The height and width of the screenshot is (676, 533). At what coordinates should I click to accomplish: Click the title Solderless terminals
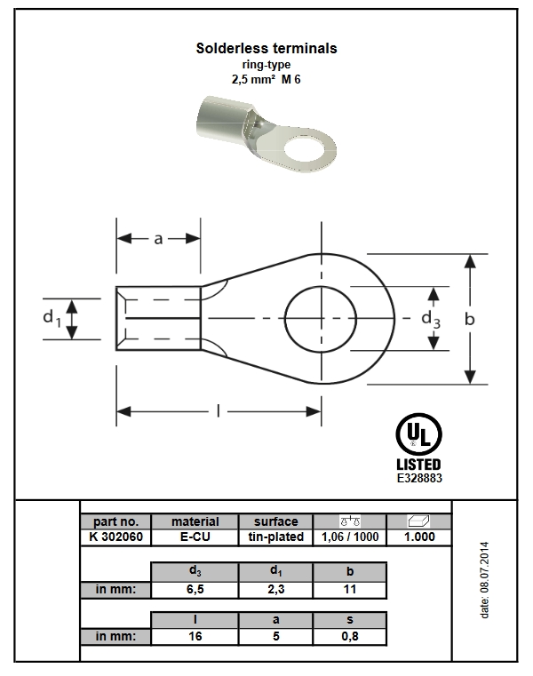pyautogui.click(x=266, y=48)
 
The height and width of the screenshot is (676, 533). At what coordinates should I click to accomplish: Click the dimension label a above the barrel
pyautogui.click(x=158, y=238)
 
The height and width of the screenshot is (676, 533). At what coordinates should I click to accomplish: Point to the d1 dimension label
pyautogui.click(x=52, y=318)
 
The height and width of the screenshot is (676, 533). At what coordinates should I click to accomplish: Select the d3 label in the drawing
pyautogui.click(x=431, y=320)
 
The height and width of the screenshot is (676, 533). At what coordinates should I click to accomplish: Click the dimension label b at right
pyautogui.click(x=470, y=319)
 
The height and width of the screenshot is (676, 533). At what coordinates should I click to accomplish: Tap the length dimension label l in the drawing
pyautogui.click(x=219, y=411)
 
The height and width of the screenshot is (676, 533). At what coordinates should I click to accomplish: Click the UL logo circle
pyautogui.click(x=418, y=434)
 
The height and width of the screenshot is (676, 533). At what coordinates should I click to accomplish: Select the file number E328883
pyautogui.click(x=419, y=478)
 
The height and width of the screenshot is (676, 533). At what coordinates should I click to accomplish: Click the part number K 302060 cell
pyautogui.click(x=116, y=537)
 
